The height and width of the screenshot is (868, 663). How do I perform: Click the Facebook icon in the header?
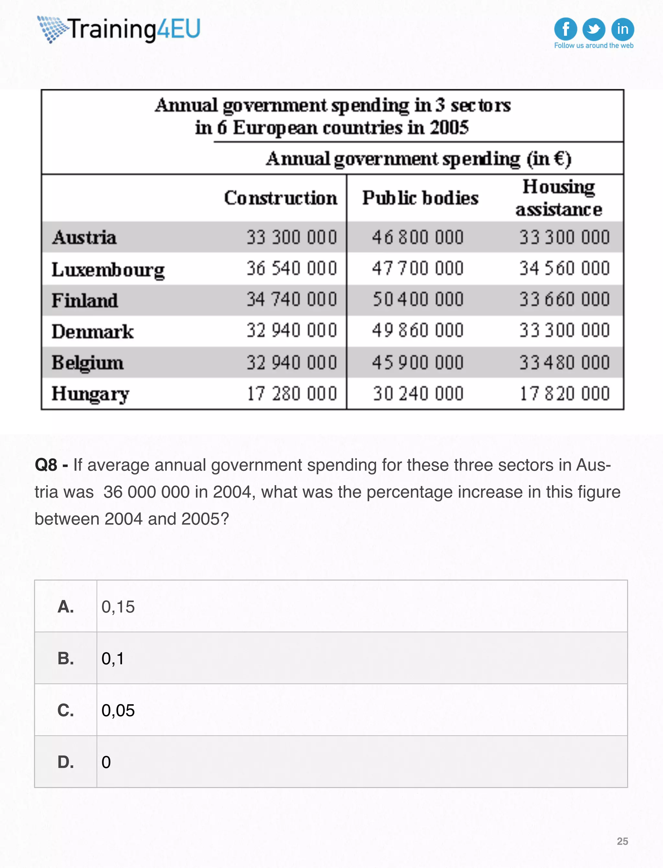565,29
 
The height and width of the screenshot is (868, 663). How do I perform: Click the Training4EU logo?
119,29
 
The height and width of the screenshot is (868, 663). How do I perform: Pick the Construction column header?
281,198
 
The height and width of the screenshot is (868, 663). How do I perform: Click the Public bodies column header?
420,198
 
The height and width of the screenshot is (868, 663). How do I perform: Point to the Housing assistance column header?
558,198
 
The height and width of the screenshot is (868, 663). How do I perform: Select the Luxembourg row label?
108,270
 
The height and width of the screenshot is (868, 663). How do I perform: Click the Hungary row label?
90,393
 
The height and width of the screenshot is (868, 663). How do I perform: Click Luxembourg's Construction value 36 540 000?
292,269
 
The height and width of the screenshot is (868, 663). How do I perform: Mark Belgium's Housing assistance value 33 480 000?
564,363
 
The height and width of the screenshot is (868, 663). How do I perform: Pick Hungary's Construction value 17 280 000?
292,393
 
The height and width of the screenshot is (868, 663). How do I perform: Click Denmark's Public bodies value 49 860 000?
418,331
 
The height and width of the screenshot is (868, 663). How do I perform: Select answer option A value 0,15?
118,606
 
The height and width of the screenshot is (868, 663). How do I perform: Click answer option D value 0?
106,762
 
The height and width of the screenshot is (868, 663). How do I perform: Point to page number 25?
622,841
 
